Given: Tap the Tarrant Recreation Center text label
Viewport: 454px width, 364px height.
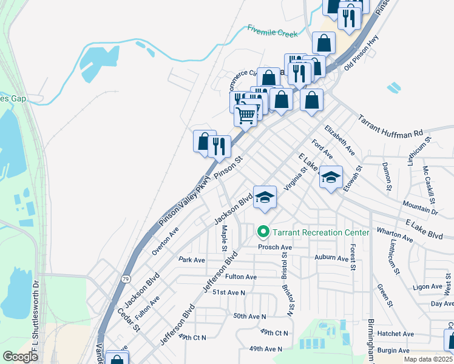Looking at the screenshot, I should (x=320, y=232).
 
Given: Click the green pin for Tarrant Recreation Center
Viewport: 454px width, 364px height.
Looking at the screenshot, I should (x=263, y=232).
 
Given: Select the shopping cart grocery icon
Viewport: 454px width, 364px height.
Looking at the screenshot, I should (x=246, y=115).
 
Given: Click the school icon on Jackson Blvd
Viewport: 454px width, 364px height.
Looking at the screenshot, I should (x=265, y=198).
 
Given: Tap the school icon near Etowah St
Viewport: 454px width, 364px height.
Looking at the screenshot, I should (x=331, y=178).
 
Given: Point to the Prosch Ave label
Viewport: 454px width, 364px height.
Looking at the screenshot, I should (x=275, y=248).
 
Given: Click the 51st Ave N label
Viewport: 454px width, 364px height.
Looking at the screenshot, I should (x=228, y=292).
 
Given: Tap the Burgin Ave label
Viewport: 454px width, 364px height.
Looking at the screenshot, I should (x=393, y=350).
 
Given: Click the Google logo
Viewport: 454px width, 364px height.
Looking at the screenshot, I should (x=20, y=357).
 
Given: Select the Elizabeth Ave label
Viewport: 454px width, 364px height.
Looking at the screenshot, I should (x=339, y=140).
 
